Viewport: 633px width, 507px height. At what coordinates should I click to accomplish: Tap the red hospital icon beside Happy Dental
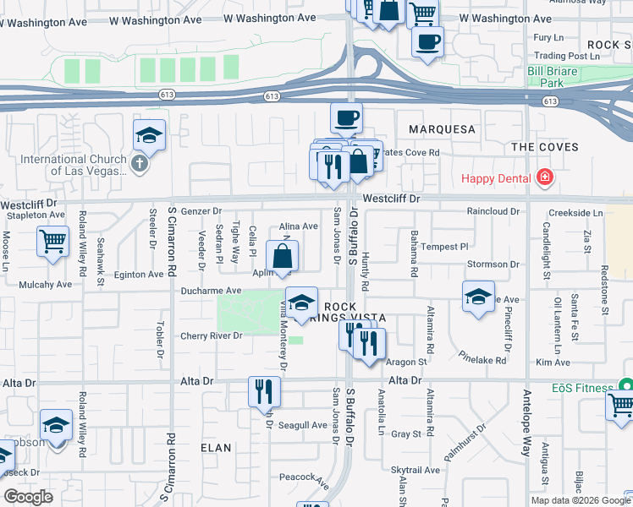coord(544,177)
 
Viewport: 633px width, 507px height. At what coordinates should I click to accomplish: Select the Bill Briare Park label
coord(552,78)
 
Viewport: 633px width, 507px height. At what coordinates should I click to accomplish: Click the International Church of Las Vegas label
coord(72,164)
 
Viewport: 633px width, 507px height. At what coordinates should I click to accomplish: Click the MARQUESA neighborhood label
coord(442,129)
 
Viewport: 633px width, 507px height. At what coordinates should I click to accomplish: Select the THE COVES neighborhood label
coord(545,146)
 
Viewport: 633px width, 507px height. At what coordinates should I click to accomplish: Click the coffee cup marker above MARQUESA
coord(346,118)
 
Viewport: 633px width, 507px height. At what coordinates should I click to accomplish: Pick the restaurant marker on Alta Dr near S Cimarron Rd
coord(263,390)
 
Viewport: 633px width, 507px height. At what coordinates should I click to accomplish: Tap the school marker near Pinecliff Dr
coord(478,297)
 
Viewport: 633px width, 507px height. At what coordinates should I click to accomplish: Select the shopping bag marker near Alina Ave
coord(282,256)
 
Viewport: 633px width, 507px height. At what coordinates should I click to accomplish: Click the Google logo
coord(28,497)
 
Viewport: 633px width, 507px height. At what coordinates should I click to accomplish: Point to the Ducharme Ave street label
coord(212,290)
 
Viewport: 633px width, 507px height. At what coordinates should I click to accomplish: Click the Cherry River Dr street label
coord(212,335)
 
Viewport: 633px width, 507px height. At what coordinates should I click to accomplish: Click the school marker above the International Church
coord(149,135)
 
